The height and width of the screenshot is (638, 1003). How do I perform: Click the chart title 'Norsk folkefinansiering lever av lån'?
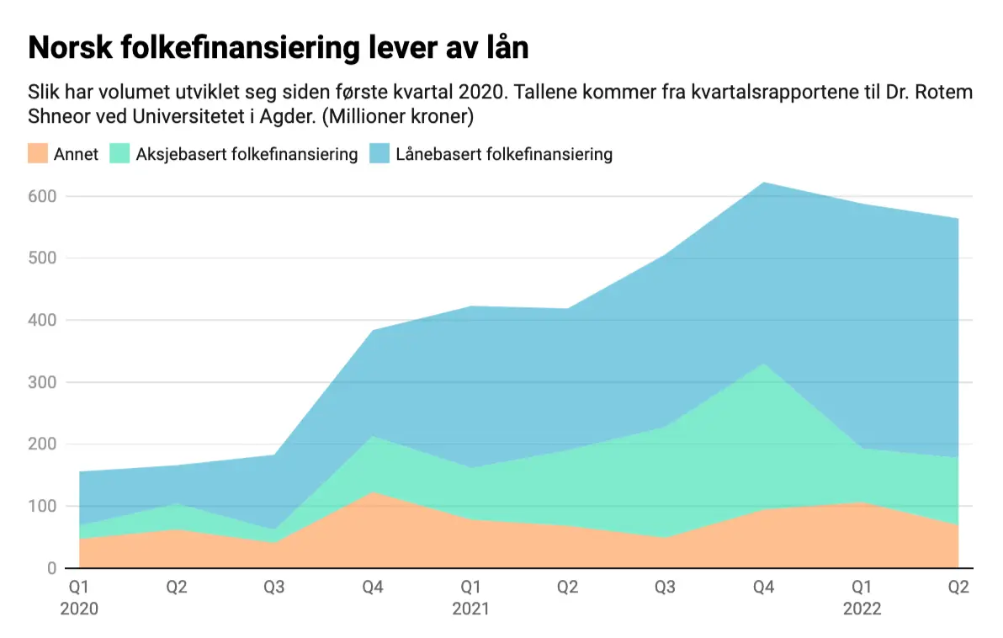(279, 48)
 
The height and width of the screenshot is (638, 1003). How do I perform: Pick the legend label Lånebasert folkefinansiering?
(504, 154)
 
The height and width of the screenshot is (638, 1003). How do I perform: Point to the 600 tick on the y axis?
(42, 196)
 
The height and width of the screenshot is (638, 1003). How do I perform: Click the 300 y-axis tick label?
(42, 382)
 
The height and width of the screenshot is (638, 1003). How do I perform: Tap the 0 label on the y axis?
(50, 568)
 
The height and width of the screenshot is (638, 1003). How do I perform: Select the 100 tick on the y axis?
(42, 506)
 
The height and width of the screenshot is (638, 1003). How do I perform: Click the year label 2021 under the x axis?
(470, 609)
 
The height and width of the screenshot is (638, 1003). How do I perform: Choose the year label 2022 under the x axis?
(862, 609)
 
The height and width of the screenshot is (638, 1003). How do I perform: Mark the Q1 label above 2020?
(78, 587)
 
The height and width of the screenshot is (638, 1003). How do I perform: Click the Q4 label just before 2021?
(373, 587)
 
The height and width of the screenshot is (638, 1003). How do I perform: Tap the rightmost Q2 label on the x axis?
(958, 587)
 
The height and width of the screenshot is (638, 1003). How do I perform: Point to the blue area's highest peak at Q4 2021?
(763, 183)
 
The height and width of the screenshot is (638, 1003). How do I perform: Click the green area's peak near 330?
(763, 364)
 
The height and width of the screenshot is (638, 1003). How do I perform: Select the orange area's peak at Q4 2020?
(373, 492)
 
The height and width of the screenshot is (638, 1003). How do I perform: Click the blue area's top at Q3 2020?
(274, 455)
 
